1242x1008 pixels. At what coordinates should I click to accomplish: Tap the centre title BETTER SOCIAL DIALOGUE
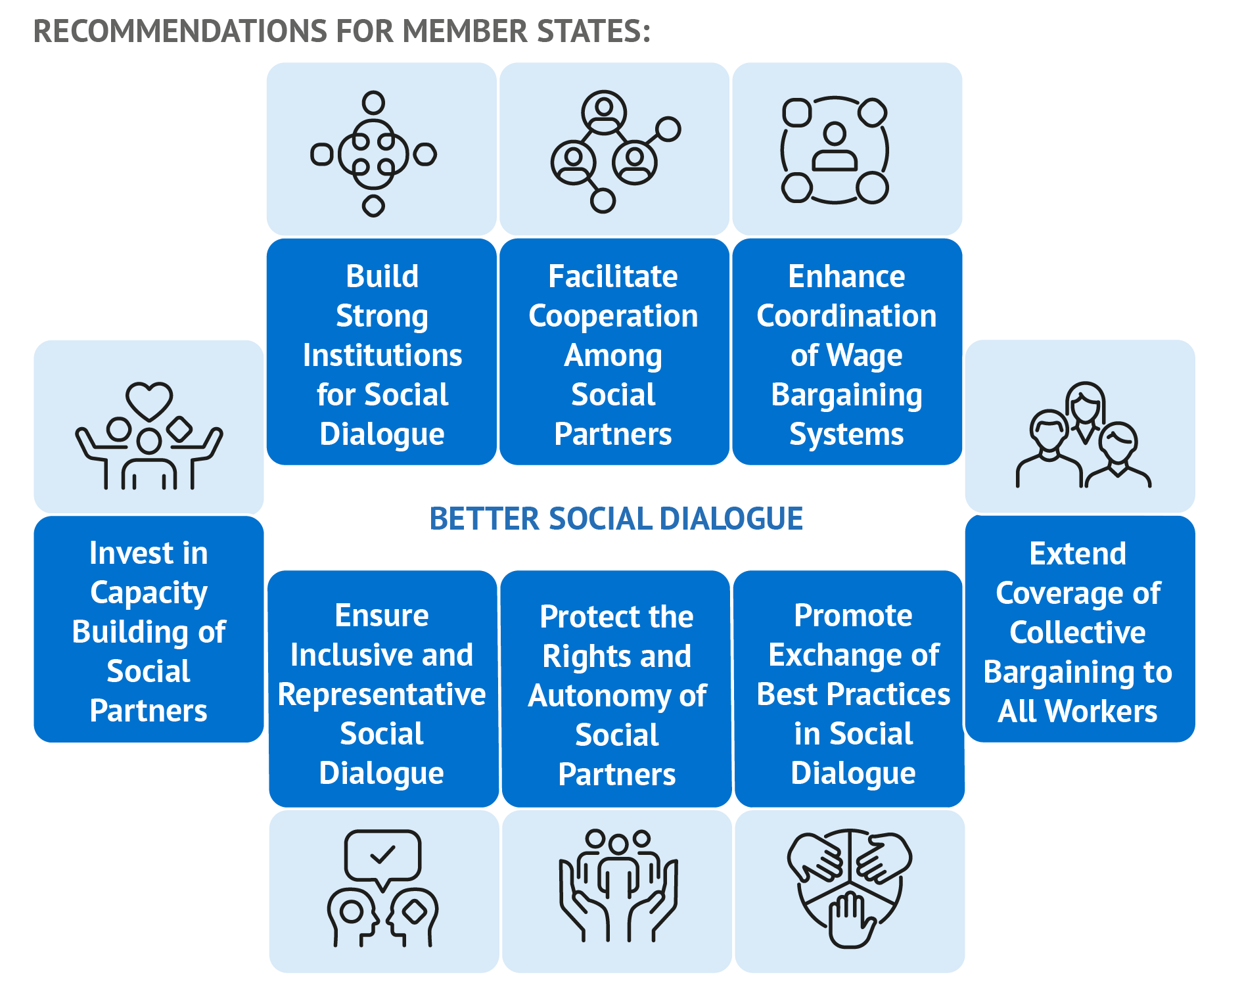pos(616,518)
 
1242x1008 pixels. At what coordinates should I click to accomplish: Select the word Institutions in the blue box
pos(382,355)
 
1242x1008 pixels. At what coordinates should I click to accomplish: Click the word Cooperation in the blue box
pos(613,316)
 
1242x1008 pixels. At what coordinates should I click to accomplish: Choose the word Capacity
pos(149,593)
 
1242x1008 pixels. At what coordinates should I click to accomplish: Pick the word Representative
pos(382,695)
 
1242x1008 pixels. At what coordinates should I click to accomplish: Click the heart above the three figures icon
pos(149,399)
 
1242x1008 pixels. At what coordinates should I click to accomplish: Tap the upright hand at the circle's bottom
pos(850,918)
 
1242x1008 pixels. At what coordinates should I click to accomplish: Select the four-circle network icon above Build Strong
pos(373,154)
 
